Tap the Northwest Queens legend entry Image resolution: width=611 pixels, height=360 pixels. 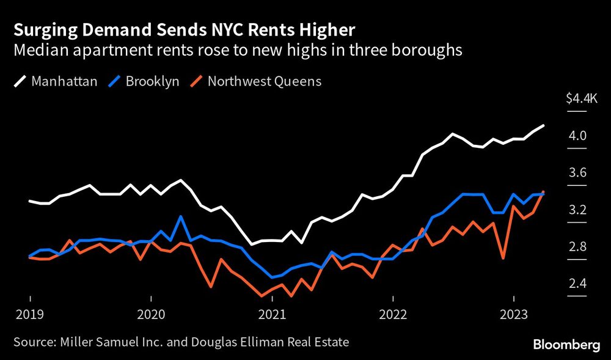(x=257, y=81)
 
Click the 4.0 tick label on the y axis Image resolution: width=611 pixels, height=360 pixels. (x=577, y=136)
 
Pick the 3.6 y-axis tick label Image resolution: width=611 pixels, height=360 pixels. (x=577, y=173)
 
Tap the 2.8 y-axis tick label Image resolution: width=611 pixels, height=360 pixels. (x=577, y=247)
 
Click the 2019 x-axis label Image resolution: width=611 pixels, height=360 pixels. (x=30, y=316)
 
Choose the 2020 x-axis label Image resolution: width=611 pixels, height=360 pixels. (x=151, y=316)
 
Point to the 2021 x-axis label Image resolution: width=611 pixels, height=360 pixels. (x=272, y=316)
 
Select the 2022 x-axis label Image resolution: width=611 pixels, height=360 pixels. (x=393, y=316)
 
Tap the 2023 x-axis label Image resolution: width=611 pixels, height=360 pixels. (x=514, y=316)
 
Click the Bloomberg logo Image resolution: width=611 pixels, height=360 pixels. (x=566, y=345)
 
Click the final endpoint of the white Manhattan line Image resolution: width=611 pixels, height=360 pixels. (x=544, y=125)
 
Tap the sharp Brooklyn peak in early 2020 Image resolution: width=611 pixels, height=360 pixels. (x=181, y=216)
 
